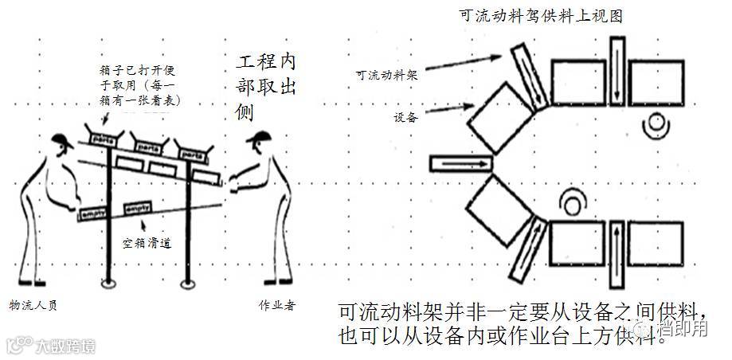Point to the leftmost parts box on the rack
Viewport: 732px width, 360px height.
coord(101,136)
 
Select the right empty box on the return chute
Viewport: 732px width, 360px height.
coord(137,206)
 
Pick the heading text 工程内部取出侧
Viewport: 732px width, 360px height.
coord(267,87)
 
